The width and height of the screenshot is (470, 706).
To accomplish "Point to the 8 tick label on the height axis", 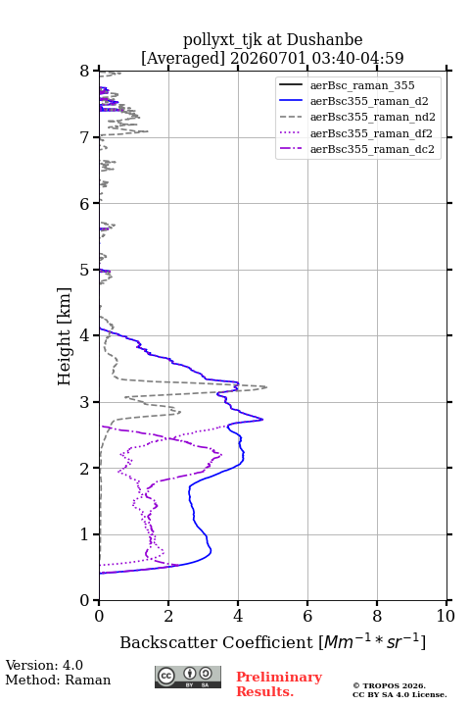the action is tap(85, 72).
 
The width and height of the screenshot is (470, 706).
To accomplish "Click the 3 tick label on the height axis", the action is tap(85, 402).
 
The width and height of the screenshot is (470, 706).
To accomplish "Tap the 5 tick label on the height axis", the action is tap(85, 270).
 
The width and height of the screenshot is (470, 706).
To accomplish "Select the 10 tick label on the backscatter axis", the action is tap(446, 616).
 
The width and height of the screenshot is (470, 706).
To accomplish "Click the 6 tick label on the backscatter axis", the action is tap(307, 616).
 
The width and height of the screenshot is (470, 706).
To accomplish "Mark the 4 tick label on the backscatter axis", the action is tap(238, 616).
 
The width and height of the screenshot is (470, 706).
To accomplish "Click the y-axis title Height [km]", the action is tap(65, 336).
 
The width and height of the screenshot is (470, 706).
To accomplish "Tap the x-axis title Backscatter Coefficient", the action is tap(216, 642).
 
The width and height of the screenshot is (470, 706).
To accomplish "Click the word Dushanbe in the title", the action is tap(324, 40).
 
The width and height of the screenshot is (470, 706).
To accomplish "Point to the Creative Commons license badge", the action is tap(188, 677).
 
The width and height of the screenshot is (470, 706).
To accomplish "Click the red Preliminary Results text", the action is tap(279, 684).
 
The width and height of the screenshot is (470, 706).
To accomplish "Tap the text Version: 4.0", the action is tap(44, 665).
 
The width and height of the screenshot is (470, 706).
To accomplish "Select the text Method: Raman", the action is tap(58, 680).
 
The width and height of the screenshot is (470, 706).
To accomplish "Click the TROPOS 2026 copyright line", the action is tap(390, 685).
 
